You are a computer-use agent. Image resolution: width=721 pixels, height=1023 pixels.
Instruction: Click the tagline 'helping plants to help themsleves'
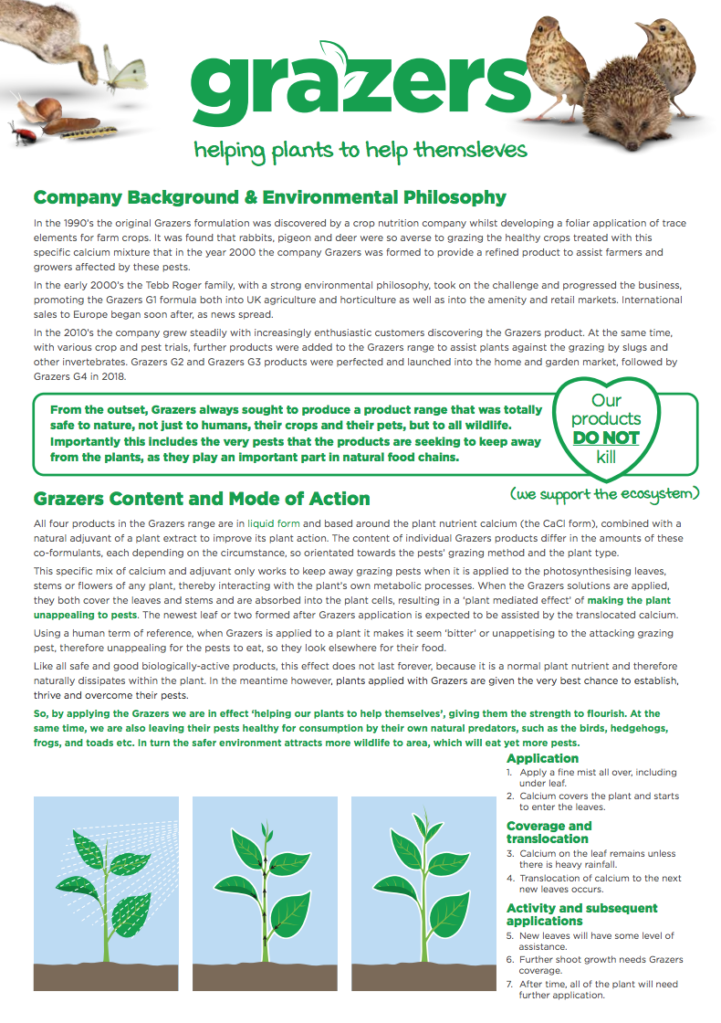[x=360, y=150]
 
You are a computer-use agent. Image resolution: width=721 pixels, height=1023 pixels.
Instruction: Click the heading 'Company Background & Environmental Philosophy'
[x=269, y=197]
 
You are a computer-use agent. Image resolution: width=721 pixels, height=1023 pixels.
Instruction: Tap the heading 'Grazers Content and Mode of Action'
[x=202, y=499]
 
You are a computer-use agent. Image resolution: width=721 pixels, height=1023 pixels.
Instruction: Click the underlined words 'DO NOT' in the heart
[x=606, y=438]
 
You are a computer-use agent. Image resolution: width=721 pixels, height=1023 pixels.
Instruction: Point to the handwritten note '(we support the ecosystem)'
[x=605, y=494]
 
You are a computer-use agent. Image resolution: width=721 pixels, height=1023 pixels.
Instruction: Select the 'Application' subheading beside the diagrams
[x=542, y=759]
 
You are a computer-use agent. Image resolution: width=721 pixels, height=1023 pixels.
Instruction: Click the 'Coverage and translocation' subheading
[x=549, y=832]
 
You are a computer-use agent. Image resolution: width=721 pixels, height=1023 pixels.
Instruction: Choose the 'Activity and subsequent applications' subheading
[x=581, y=914]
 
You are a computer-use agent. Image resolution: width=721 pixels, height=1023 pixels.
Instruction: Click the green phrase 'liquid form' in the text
[x=275, y=524]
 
